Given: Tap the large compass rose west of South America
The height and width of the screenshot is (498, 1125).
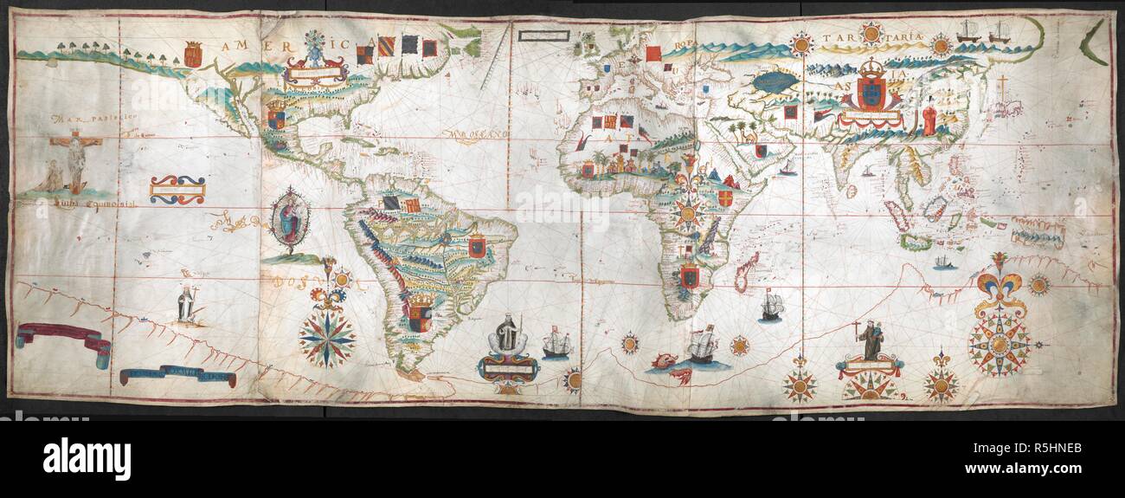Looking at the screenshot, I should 327,338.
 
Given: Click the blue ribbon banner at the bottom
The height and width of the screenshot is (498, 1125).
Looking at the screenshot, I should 177,375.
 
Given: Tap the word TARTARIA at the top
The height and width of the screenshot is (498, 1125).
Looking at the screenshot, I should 875,40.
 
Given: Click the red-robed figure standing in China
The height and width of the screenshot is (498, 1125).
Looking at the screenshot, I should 929,119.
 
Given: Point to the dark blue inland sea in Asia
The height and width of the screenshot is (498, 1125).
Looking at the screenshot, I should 775,82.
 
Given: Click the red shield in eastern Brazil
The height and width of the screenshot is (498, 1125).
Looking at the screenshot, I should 476,247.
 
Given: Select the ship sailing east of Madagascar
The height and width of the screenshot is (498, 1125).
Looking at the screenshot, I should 770,305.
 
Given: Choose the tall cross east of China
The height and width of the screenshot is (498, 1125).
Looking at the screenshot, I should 1002,88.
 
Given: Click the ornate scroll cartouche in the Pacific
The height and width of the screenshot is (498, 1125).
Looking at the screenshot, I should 177,190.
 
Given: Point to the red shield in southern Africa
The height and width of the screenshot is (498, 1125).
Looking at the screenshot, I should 689,275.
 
